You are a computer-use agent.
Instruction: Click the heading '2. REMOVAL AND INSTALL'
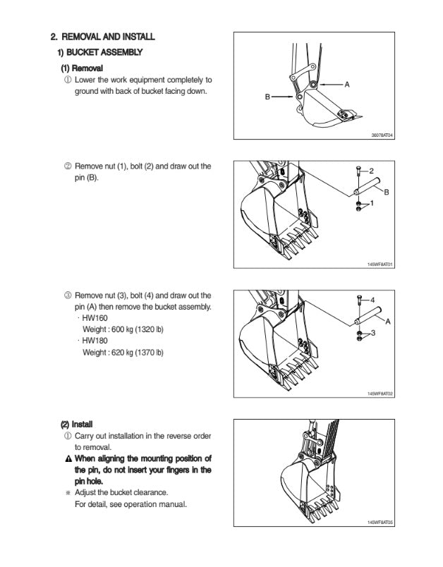pos(102,37)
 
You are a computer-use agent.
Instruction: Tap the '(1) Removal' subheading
pos(82,68)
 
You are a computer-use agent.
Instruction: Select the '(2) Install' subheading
pos(76,425)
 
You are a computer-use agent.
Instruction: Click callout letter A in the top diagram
pos(347,85)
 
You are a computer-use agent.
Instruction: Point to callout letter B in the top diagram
pos(267,96)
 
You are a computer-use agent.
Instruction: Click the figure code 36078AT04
pos(382,135)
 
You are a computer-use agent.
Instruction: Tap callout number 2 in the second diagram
pos(372,171)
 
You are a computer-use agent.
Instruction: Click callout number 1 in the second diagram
pos(372,203)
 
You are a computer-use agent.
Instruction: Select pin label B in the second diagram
pos(387,192)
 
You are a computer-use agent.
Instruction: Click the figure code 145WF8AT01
pos(380,264)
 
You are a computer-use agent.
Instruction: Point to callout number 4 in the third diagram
pos(372,300)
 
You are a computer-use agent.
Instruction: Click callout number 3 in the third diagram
pos(372,331)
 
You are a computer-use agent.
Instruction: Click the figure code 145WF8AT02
pos(380,394)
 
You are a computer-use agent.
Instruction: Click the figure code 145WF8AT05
pos(380,523)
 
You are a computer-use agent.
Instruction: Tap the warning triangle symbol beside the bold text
pos(67,458)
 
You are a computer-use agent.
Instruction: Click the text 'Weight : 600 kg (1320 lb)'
pos(123,329)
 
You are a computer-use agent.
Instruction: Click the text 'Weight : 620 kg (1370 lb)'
pos(123,352)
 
